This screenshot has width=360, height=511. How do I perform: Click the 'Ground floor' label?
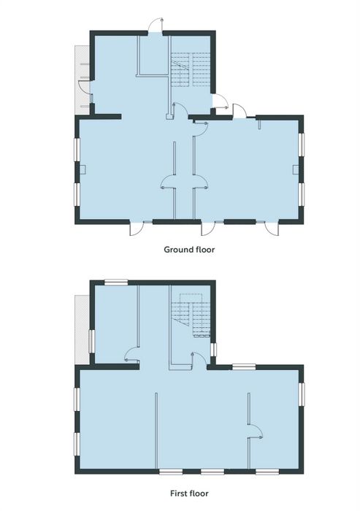coord(189,250)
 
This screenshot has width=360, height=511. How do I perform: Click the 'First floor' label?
coord(189,493)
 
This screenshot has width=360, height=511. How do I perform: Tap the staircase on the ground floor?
coord(191,69)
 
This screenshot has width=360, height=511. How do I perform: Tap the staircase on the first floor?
coord(191,315)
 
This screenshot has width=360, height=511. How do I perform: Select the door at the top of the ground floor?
coord(156,26)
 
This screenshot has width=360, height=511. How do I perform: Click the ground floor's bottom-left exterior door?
coord(137,228)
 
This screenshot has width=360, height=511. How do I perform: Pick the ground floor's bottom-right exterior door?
coord(272,228)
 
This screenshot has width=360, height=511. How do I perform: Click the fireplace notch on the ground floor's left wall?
coord(83,169)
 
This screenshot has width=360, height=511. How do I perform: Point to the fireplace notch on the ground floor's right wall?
coord(296,169)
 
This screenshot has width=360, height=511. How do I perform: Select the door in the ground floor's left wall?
coord(85,88)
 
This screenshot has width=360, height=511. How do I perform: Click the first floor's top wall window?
coord(116,283)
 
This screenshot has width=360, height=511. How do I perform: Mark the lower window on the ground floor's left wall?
coord(77,195)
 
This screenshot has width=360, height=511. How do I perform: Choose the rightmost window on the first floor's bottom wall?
coord(267,472)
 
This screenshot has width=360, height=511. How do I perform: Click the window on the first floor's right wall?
coord(302,394)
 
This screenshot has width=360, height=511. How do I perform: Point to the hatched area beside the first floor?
coord(82,329)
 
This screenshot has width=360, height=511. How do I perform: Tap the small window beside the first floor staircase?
coord(213,350)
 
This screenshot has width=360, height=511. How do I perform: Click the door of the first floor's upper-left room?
coord(132,355)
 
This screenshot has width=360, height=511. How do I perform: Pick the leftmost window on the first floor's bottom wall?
coord(171,472)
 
